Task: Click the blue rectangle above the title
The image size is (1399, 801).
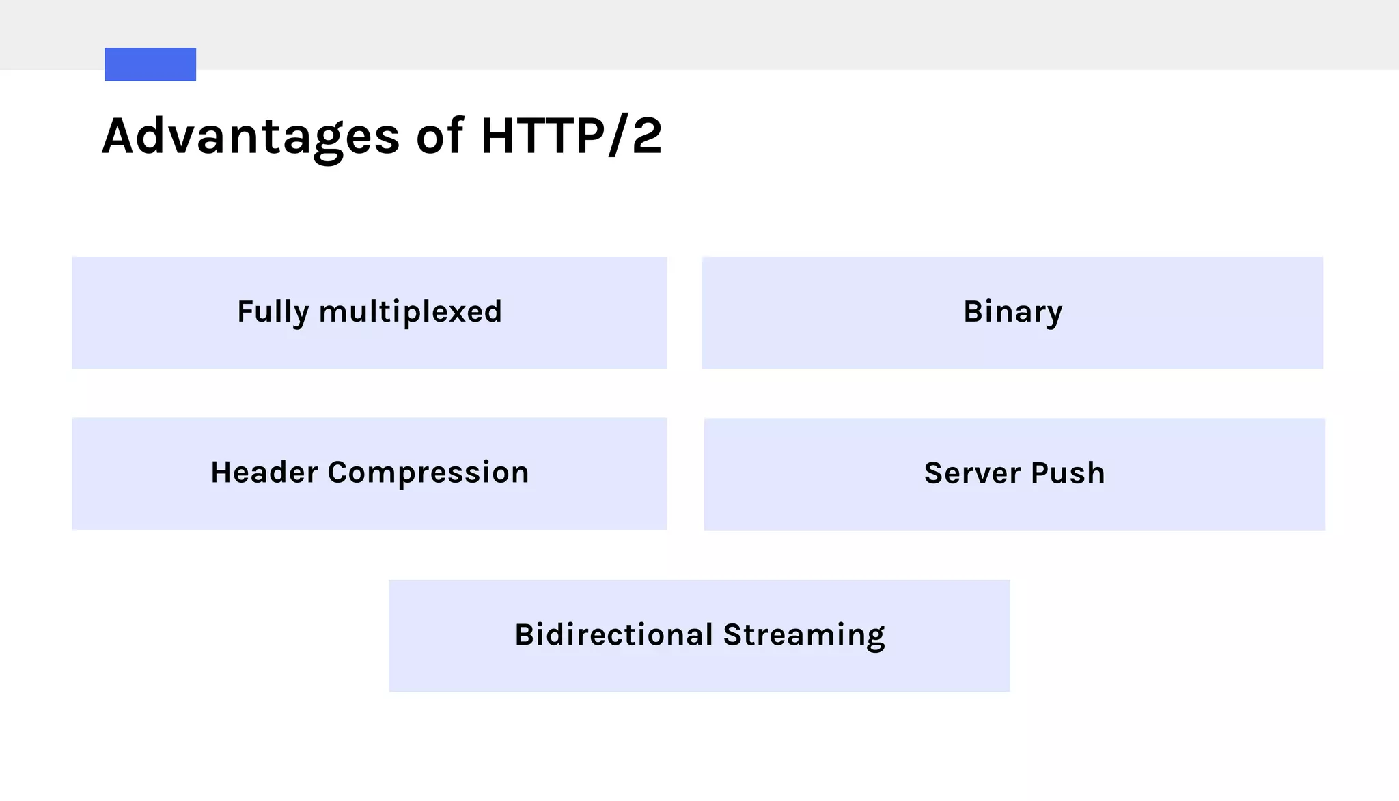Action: (x=150, y=64)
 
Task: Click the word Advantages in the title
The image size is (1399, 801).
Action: (x=251, y=137)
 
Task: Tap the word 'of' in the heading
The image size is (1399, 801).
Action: (x=440, y=135)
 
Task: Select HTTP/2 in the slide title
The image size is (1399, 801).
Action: (x=571, y=135)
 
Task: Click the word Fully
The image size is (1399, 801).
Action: (x=273, y=312)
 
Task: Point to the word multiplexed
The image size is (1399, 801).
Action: (x=411, y=312)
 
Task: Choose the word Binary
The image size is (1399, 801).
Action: (x=1012, y=312)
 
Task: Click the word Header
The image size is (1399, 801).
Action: (x=264, y=473)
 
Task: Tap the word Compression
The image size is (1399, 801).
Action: (x=428, y=473)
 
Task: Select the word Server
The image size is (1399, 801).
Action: (x=973, y=473)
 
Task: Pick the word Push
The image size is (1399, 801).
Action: (x=1068, y=473)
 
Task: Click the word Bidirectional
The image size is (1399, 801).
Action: (x=614, y=634)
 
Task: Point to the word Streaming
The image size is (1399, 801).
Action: (x=804, y=635)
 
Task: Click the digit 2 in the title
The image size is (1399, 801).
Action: (x=647, y=135)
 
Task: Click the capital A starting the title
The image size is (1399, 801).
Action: (x=121, y=136)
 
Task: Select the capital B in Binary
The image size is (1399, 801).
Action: (x=973, y=311)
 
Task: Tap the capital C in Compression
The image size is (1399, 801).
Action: (x=339, y=473)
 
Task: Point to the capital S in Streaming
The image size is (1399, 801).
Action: (x=732, y=634)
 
